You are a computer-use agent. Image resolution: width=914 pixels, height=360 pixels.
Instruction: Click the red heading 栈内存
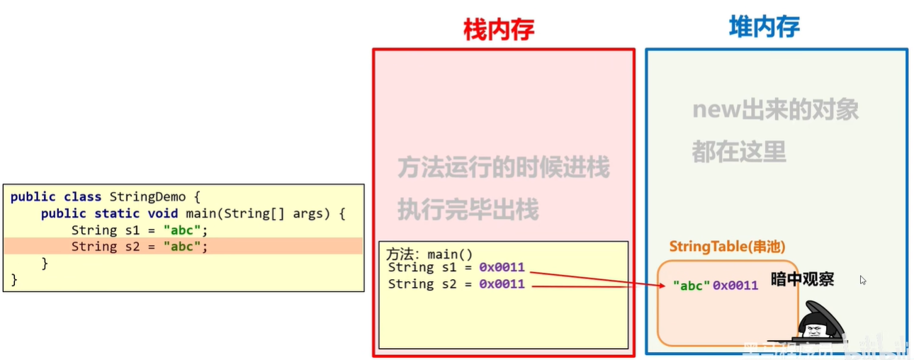click(498, 29)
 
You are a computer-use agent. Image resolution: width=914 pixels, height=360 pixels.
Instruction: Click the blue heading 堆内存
click(765, 28)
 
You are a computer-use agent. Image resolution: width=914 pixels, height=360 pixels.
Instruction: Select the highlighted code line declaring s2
click(140, 247)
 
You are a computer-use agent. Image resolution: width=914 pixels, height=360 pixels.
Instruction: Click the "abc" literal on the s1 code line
click(186, 230)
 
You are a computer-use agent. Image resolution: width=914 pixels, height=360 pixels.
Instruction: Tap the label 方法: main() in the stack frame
click(429, 254)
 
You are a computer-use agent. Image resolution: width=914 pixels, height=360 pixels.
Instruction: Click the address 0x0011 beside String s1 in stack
click(502, 267)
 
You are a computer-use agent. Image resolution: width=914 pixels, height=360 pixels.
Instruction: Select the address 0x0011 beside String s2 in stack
click(502, 284)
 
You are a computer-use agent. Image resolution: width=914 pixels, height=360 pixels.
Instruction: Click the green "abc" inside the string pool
click(691, 286)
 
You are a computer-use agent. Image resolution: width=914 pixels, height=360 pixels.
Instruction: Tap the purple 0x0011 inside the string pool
click(735, 286)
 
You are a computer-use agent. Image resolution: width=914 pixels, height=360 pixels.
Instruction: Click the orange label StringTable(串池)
click(727, 247)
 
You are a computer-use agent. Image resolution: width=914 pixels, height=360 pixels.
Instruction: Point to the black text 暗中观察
click(802, 279)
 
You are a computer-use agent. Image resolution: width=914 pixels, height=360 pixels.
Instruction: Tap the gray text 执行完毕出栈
click(468, 210)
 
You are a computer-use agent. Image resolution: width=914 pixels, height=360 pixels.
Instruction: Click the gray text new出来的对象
click(775, 111)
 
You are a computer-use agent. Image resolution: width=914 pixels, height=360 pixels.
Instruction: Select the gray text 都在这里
click(739, 151)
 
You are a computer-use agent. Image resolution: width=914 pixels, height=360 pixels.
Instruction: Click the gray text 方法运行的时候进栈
click(503, 168)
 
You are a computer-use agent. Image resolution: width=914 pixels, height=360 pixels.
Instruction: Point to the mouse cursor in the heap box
click(863, 280)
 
